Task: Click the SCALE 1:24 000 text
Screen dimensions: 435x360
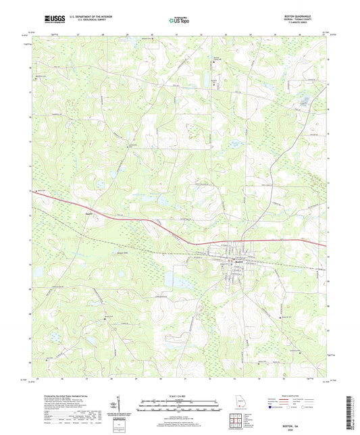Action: (x=180, y=395)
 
